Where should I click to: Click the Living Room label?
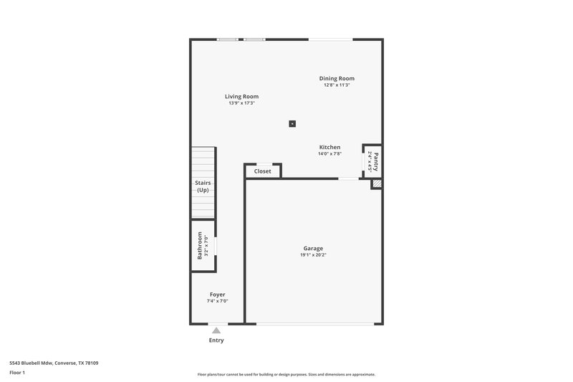241,96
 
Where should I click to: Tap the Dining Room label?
337,78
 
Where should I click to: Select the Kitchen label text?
329,147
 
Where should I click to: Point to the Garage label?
313,248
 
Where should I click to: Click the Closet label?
262,171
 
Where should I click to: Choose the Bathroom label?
201,246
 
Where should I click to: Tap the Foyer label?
217,295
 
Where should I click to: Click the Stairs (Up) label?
203,186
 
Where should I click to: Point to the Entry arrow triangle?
216,330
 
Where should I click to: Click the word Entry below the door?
216,340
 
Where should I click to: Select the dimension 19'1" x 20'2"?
313,254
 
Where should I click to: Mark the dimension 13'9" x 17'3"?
241,103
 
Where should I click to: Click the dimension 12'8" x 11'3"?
337,85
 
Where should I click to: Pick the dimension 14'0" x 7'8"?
329,153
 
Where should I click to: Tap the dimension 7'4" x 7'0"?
217,301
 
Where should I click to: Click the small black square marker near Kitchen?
292,123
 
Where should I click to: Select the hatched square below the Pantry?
376,184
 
